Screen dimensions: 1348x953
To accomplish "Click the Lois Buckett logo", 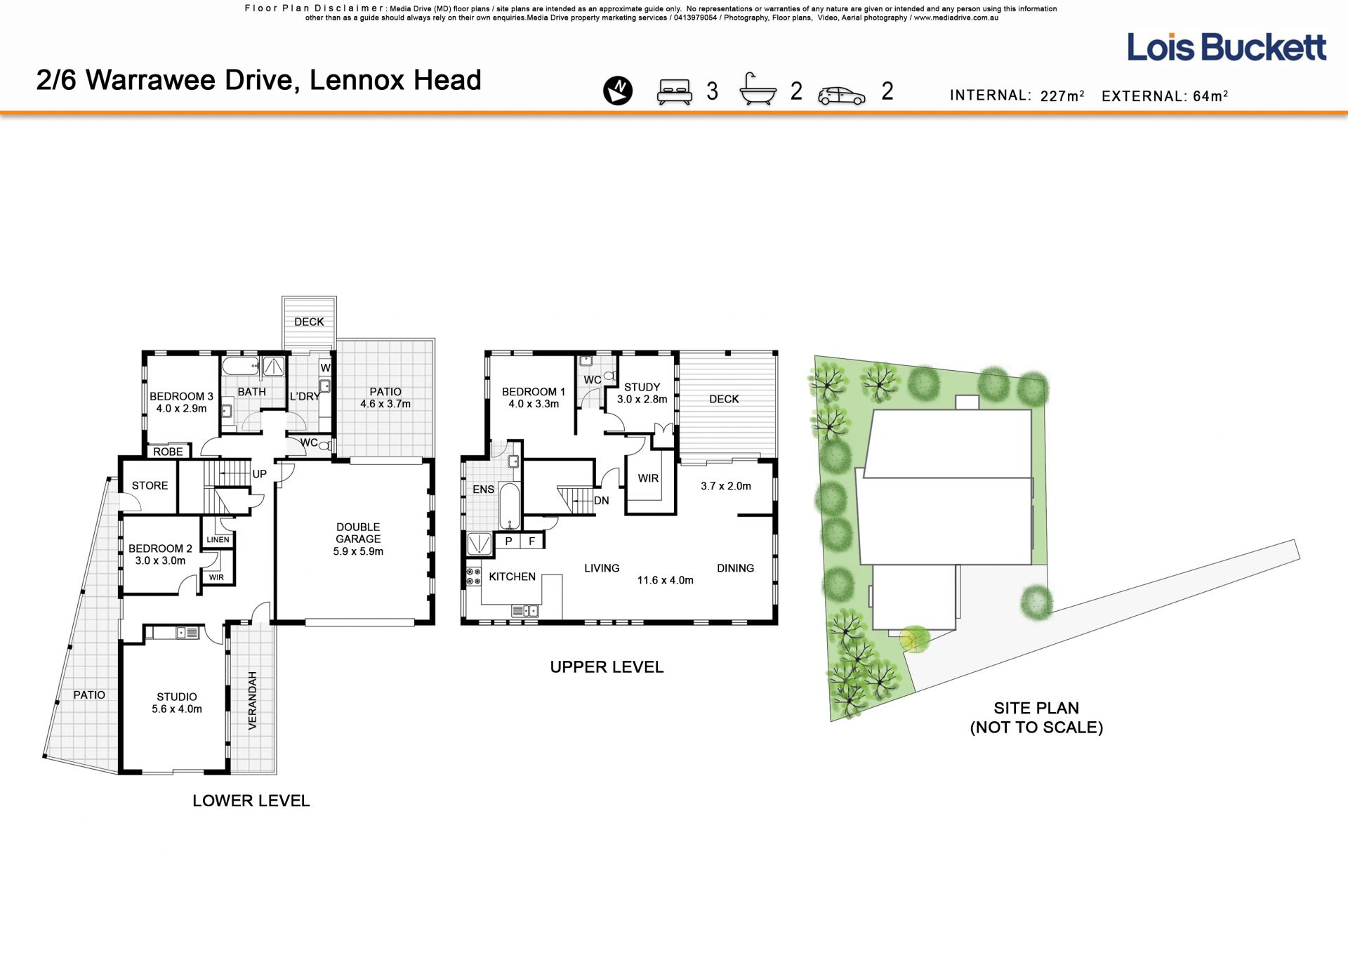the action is (1227, 47).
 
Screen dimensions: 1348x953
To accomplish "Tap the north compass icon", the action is (618, 91).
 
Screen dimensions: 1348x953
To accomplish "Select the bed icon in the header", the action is (674, 92).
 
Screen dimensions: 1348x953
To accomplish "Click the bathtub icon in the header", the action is (758, 89).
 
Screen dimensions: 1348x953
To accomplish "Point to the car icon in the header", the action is (842, 96).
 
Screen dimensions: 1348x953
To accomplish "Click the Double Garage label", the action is (358, 533).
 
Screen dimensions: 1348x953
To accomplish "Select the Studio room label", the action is (177, 697).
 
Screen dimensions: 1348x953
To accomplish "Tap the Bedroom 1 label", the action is (534, 392).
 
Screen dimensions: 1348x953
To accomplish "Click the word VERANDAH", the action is (253, 700).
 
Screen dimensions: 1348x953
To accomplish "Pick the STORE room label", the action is (150, 485).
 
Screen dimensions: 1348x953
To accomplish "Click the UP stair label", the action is (260, 474).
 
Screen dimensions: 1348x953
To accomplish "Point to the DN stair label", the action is (602, 501).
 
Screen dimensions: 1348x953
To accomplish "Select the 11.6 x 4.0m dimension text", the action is (665, 580).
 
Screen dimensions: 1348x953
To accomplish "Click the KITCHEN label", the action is (513, 577).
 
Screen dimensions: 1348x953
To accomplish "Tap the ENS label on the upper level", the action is (484, 489).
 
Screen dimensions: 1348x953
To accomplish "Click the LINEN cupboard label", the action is (218, 539).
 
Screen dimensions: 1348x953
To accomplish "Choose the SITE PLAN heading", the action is (1036, 708).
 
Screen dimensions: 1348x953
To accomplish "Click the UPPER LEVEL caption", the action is (607, 667).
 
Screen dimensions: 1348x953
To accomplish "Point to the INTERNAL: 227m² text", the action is (1017, 96).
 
